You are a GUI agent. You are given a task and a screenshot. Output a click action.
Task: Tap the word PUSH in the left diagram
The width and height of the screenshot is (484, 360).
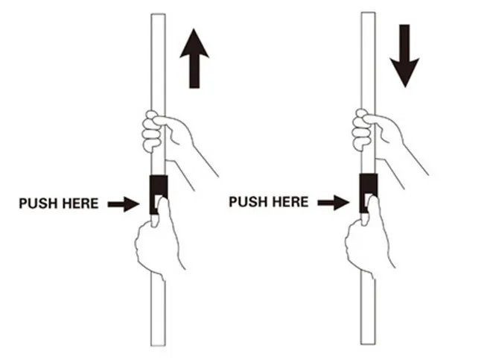tap(36, 203)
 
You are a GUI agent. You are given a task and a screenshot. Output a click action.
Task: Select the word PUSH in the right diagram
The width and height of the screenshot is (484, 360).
tap(246, 201)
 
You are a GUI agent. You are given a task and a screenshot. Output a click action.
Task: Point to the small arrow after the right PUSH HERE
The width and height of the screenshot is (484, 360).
tap(333, 201)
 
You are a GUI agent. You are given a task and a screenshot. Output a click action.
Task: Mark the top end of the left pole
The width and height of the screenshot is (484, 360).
tap(158, 16)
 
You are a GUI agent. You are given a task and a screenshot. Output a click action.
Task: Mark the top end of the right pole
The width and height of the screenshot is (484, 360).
tap(367, 14)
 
